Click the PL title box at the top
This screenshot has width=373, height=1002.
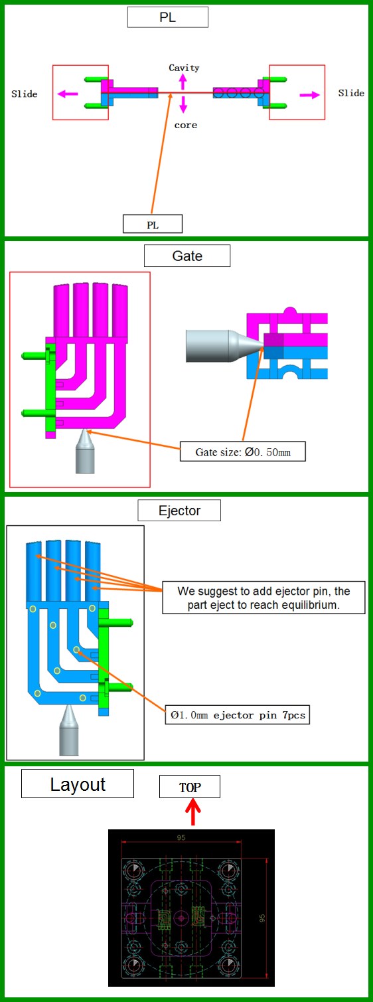click(168, 17)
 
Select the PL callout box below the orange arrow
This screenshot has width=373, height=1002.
click(153, 224)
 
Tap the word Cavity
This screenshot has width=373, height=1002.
click(184, 68)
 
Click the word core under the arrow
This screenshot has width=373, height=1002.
click(186, 125)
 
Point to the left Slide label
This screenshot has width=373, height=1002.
click(24, 94)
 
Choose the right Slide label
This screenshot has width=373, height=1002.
click(351, 93)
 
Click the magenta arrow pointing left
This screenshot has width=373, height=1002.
click(68, 94)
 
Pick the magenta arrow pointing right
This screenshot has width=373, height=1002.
click(310, 94)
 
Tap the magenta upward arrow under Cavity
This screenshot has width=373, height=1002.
click(183, 82)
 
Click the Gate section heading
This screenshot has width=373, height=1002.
click(187, 256)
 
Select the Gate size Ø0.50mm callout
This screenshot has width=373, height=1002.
click(243, 452)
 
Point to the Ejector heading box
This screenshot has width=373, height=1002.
click(179, 511)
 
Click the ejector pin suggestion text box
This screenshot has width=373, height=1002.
click(263, 598)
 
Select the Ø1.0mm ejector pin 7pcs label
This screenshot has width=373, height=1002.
click(238, 715)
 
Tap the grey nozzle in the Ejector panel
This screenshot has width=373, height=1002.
click(69, 730)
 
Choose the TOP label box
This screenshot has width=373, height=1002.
click(190, 787)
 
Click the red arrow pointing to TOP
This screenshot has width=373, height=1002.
click(192, 812)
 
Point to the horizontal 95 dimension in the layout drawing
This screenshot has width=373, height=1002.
click(181, 837)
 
